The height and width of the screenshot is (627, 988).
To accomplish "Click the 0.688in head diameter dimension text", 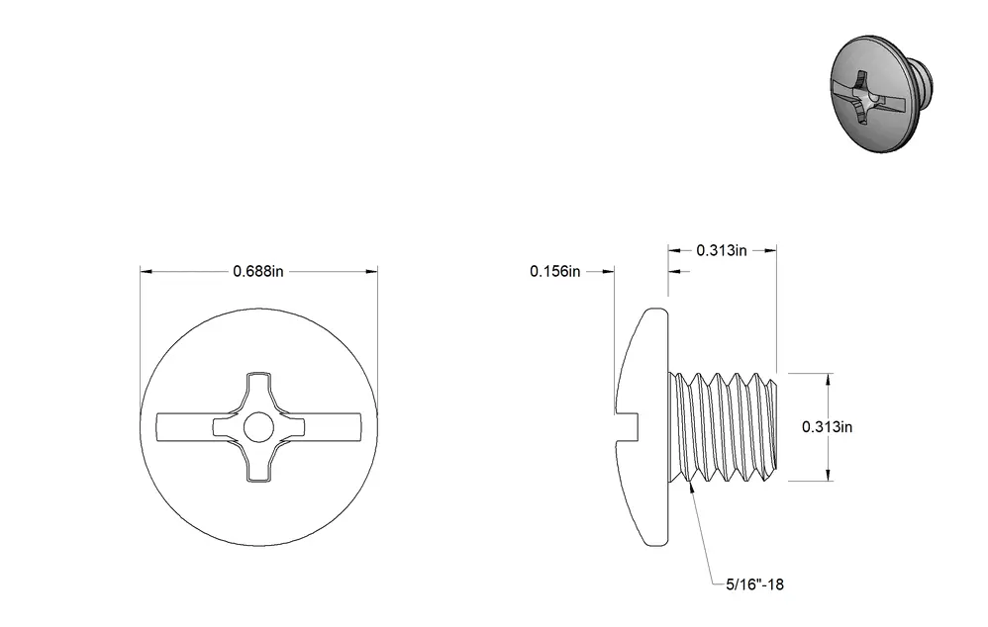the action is (x=258, y=271).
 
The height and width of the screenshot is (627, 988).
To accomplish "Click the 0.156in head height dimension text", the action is (x=555, y=271).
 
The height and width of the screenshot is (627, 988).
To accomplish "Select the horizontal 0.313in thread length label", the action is (x=722, y=250).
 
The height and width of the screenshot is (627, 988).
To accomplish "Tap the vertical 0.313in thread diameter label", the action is (x=828, y=427).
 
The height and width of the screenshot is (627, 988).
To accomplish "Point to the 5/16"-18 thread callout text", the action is (x=755, y=584).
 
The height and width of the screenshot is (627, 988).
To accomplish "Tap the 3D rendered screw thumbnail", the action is (x=881, y=93).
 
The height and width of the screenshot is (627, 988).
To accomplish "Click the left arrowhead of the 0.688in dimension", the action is (x=147, y=271).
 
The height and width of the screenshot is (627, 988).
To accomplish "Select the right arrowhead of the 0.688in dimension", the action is (x=371, y=271).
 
